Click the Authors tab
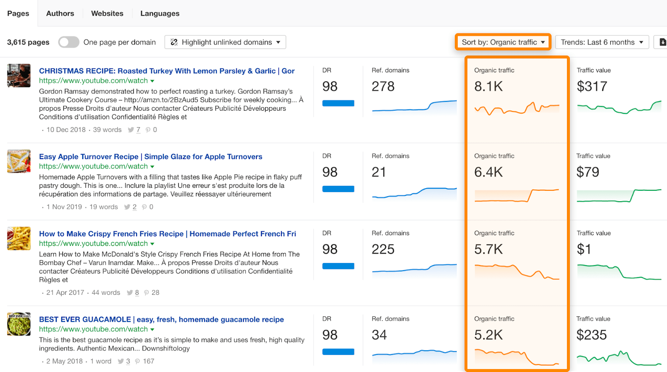[x=60, y=13]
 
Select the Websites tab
[x=107, y=13]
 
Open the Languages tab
[x=160, y=13]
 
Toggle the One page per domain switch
[x=69, y=42]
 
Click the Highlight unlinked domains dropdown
[x=225, y=42]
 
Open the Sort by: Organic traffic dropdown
[x=503, y=42]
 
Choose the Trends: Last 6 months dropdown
[x=602, y=42]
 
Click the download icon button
[x=662, y=42]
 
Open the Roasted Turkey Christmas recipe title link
[x=167, y=71]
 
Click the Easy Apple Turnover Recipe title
[x=150, y=157]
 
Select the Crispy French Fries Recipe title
[x=168, y=234]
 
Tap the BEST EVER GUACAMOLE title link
[x=161, y=319]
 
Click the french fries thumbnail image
[x=19, y=238]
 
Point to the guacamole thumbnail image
[x=19, y=324]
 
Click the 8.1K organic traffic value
[x=489, y=86]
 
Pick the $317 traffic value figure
[x=592, y=86]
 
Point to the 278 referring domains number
[x=383, y=86]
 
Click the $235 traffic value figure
[x=592, y=335]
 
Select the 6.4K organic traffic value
[x=489, y=172]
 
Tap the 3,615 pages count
[x=28, y=42]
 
